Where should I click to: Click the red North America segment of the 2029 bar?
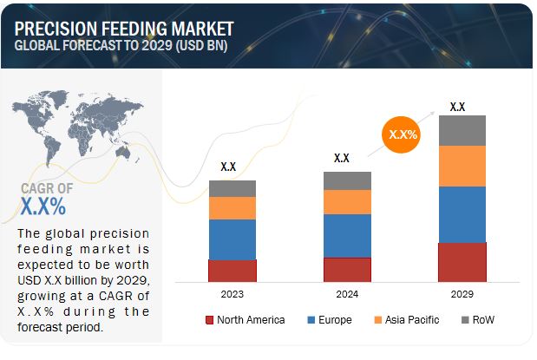pos(462,262)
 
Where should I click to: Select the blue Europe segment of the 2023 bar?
pos(232,239)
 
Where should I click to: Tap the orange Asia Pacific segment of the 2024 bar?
pos(347,202)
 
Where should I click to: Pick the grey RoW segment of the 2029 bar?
pos(462,130)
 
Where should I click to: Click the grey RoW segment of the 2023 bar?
pos(232,188)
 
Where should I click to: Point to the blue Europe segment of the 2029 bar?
pos(462,214)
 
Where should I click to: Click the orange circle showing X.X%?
pos(403,134)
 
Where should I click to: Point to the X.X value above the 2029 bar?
pos(457,108)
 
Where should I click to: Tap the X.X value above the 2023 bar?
pos(228,167)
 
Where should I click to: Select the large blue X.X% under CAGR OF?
pos(43,207)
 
